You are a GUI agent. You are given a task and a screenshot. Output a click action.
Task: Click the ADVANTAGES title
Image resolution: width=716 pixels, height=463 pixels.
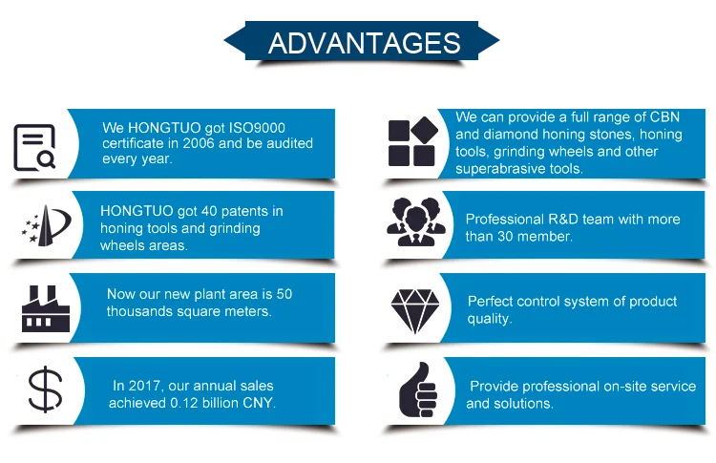(364, 43)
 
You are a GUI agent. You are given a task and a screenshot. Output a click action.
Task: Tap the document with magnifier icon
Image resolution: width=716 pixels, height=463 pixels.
(34, 147)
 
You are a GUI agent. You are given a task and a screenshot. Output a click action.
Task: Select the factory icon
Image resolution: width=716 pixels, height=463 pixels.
(45, 308)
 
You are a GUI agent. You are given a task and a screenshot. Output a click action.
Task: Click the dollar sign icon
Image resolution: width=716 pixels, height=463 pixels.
(45, 389)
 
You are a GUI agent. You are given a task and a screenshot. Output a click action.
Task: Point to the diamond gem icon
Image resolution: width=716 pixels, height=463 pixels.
(415, 311)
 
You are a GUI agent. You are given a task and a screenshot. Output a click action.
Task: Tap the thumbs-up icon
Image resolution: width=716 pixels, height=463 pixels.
(418, 389)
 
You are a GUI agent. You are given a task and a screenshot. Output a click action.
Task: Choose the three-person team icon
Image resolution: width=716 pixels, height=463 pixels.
(416, 221)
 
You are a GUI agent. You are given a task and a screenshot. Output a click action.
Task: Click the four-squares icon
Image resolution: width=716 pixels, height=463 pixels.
(412, 141)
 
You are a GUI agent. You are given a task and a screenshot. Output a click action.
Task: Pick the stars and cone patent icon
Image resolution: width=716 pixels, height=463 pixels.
(46, 225)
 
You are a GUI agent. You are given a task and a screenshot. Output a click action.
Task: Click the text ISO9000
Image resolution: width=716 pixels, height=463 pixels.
(257, 128)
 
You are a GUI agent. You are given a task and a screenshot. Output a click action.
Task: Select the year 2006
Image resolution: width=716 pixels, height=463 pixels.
(199, 143)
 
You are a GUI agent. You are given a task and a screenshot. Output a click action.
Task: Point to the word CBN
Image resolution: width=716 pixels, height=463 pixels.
(664, 116)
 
